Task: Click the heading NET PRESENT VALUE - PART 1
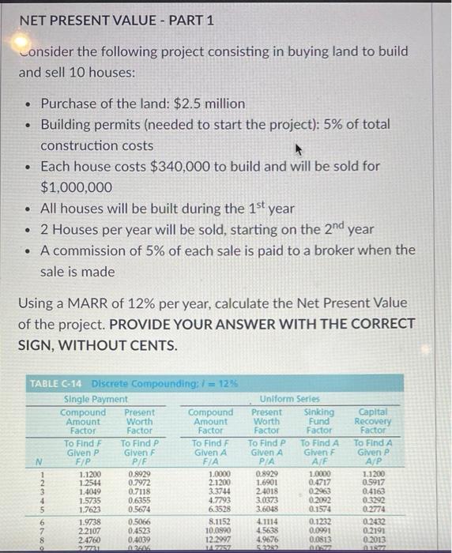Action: click(116, 21)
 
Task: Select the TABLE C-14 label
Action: click(58, 384)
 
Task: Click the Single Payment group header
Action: click(96, 399)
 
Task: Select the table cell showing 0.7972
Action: click(137, 482)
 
